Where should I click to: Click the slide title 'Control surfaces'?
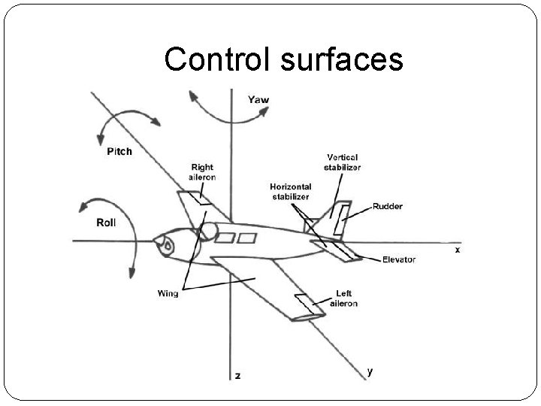point(283,59)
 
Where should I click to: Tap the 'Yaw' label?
point(258,99)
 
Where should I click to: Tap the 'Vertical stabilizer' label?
point(342,162)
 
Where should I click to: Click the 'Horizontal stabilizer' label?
point(291,191)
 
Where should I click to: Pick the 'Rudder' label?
point(388,206)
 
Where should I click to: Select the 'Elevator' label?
point(398,259)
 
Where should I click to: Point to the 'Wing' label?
point(168,292)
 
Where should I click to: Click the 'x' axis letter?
point(458,249)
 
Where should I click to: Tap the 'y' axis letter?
point(370,370)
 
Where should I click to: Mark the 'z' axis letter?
point(237,374)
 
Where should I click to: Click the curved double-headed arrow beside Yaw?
point(227,111)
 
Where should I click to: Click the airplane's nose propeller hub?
point(165,245)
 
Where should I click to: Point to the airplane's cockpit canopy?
point(209,229)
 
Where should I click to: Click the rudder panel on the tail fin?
point(341,217)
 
